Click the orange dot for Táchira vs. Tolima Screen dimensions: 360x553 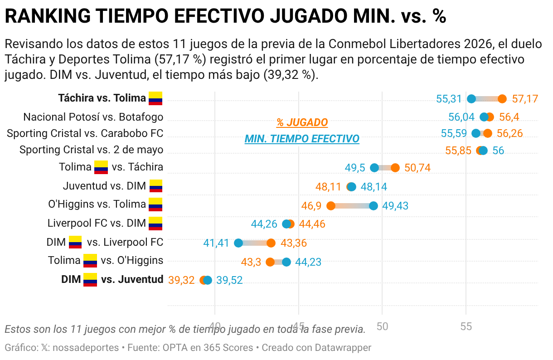pyautogui.click(x=502, y=99)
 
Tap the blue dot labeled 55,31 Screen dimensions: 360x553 pyautogui.click(x=471, y=99)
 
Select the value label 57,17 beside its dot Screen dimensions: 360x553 pyautogui.click(x=525, y=99)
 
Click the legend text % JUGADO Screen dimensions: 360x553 pyautogui.click(x=302, y=122)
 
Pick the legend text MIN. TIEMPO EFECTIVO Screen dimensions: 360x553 pyautogui.click(x=302, y=139)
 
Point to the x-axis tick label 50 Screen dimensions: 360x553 pyautogui.click(x=382, y=326)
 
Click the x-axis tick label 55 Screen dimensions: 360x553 pyautogui.click(x=466, y=326)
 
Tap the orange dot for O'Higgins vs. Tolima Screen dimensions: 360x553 pyautogui.click(x=331, y=206)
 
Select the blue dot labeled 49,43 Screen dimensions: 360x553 pyautogui.click(x=374, y=206)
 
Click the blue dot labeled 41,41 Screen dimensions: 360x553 pyautogui.click(x=238, y=243)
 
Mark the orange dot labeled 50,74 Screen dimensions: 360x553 pyautogui.click(x=395, y=168)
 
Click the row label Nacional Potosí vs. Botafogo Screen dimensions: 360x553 pyautogui.click(x=93, y=117)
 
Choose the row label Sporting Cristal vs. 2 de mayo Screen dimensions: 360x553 pyautogui.click(x=91, y=150)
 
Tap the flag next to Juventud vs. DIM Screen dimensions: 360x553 pyautogui.click(x=156, y=186)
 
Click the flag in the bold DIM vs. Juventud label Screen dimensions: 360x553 pyautogui.click(x=90, y=280)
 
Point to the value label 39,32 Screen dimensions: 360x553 pyautogui.click(x=181, y=280)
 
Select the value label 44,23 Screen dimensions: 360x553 pyautogui.click(x=308, y=262)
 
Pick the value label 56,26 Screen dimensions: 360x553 pyautogui.click(x=510, y=133)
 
